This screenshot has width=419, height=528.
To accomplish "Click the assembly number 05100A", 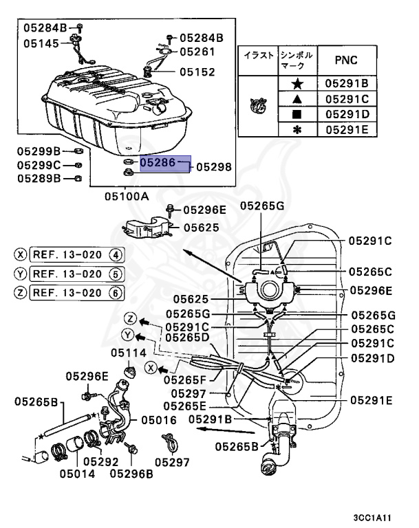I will [x=127, y=196].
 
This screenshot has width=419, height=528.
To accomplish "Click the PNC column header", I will [x=346, y=60].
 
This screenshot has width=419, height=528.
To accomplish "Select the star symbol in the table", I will [x=297, y=83].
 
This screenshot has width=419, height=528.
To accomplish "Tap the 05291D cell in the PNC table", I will [x=347, y=113].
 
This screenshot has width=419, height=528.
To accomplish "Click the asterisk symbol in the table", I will [x=297, y=129].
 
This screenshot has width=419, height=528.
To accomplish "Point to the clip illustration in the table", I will [x=258, y=105].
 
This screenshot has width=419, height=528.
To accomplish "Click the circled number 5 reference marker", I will [x=116, y=274].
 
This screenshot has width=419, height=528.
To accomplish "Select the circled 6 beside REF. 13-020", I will [x=116, y=292].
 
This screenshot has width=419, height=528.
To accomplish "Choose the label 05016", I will [x=160, y=419].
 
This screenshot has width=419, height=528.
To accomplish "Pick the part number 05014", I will [x=77, y=473].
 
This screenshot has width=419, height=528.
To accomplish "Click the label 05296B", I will [x=132, y=473].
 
